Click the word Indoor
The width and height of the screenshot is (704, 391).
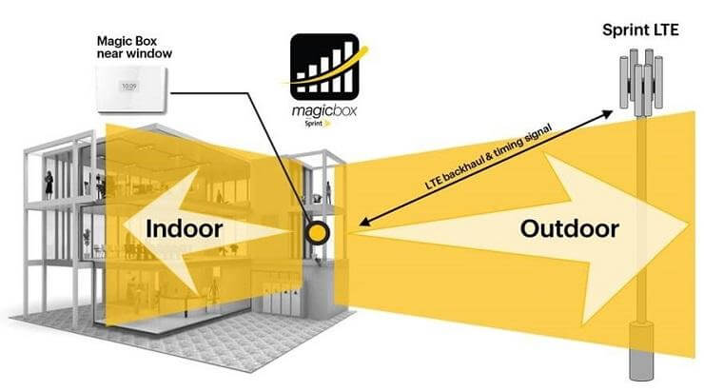[184, 229]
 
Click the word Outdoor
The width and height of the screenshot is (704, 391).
[569, 229]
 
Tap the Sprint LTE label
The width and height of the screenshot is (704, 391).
[640, 30]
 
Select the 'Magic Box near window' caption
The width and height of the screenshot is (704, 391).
[134, 48]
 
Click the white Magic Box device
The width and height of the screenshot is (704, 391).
[130, 88]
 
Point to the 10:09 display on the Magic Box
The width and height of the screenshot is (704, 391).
[129, 86]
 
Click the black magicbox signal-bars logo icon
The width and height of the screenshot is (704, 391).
[324, 67]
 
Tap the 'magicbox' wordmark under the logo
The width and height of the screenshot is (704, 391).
[324, 111]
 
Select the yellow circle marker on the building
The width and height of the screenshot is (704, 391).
[318, 232]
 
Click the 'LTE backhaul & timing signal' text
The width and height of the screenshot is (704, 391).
[488, 158]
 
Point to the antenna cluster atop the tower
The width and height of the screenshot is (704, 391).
[641, 82]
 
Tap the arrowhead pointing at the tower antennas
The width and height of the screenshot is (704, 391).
[608, 113]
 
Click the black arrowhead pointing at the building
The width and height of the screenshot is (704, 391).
[364, 222]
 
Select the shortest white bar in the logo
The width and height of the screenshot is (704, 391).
[302, 88]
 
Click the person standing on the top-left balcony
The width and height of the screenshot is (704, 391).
[49, 185]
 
